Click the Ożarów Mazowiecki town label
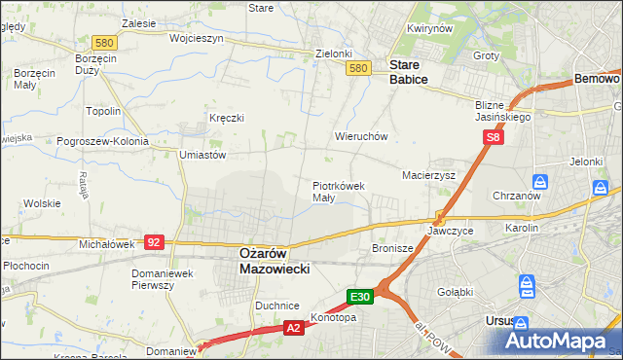click(x=275, y=260)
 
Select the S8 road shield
click(x=495, y=139)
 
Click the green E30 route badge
click(x=359, y=295)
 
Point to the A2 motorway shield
click(x=294, y=330)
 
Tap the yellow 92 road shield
click(x=154, y=241)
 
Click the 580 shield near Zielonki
click(x=359, y=67)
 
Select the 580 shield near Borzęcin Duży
click(x=105, y=42)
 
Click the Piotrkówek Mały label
click(x=338, y=191)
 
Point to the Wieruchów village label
click(x=362, y=137)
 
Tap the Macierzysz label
click(x=429, y=175)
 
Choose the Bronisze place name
click(x=393, y=248)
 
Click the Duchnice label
click(x=276, y=306)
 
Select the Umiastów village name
click(x=202, y=155)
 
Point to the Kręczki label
click(x=226, y=118)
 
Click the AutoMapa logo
click(x=558, y=341)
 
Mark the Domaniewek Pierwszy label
click(x=166, y=279)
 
